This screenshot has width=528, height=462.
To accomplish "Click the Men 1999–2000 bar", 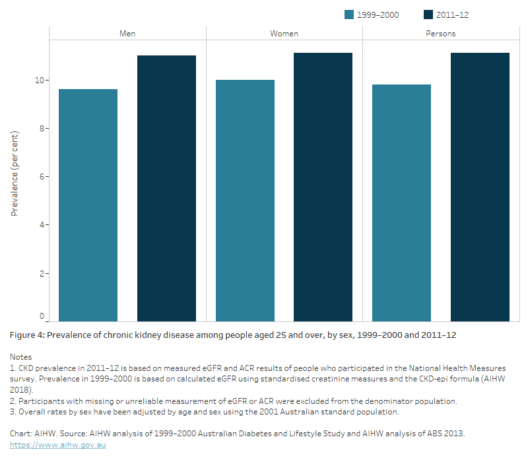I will tap(88, 205).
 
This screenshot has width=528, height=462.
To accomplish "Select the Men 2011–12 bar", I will tap(166, 189).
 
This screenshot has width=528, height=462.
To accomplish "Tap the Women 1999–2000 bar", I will tap(245, 201).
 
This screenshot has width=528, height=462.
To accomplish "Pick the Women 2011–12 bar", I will tap(323, 187).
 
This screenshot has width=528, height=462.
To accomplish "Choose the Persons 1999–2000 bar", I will tap(401, 203).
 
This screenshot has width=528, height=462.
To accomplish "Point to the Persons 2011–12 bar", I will tap(480, 187).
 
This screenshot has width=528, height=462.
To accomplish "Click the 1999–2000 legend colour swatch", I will tap(349, 15).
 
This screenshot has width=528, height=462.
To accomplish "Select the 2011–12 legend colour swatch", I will tap(428, 15).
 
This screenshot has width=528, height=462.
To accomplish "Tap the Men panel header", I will tap(127, 33).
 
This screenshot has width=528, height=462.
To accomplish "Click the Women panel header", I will tap(284, 33).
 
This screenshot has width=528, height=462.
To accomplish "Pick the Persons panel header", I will tap(440, 33).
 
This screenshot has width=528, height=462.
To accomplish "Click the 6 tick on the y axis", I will tap(42, 176).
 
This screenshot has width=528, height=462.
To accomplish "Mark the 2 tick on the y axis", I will tap(42, 273).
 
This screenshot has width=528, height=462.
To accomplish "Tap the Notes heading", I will tap(21, 356).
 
